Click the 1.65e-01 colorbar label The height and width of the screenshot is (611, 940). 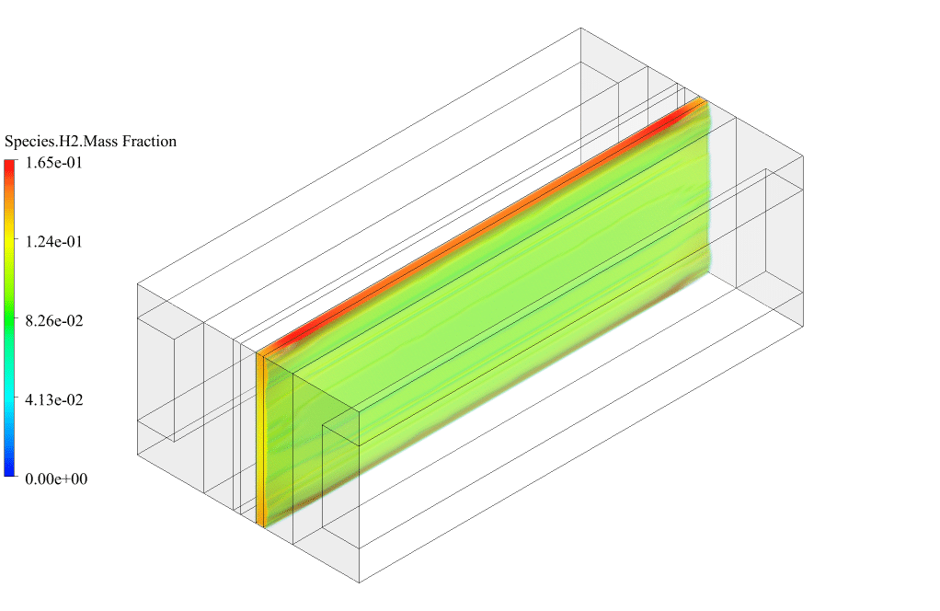click(x=53, y=163)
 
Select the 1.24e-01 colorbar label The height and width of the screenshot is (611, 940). click(x=53, y=242)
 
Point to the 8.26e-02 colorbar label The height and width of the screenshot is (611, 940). click(x=53, y=321)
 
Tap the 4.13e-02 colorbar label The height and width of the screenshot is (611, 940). click(x=53, y=400)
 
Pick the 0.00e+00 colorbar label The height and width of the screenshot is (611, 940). click(x=56, y=479)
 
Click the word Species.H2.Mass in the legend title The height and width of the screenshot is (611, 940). click(x=61, y=142)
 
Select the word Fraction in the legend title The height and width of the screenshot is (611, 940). click(x=150, y=142)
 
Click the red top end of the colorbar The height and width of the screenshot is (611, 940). click(x=10, y=166)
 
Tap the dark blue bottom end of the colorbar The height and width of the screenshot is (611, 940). click(x=10, y=471)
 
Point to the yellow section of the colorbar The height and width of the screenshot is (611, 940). click(x=10, y=242)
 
